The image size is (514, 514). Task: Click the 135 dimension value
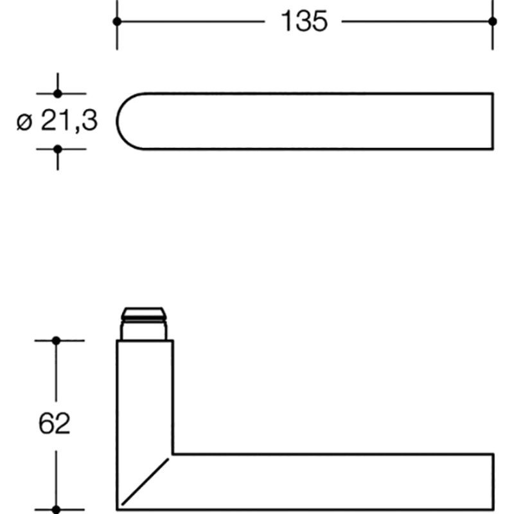[304, 21]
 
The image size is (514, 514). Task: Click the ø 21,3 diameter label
[57, 121]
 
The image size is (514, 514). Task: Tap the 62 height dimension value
[54, 423]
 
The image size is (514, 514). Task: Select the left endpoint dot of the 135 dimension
[117, 22]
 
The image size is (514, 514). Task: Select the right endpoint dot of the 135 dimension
[492, 22]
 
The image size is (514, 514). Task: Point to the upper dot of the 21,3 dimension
[58, 94]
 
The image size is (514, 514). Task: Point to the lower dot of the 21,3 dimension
[58, 150]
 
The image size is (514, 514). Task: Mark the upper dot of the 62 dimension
[56, 341]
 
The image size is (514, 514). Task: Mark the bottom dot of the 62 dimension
[56, 510]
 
